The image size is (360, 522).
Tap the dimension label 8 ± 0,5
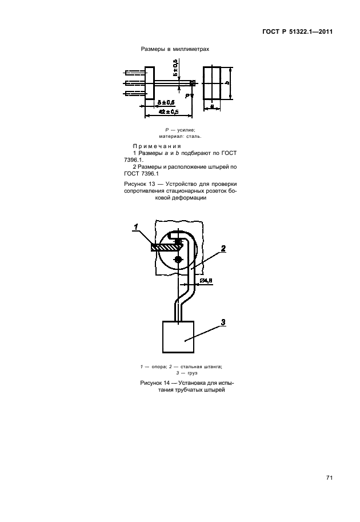click(x=166, y=102)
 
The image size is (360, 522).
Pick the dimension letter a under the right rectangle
click(x=211, y=105)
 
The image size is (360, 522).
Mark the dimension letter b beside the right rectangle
click(x=227, y=83)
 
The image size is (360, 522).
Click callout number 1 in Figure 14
click(x=137, y=228)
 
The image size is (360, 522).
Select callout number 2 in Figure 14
click(x=223, y=248)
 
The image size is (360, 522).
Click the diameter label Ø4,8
click(x=205, y=281)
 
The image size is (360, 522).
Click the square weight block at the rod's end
click(x=179, y=338)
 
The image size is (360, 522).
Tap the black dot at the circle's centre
click(x=179, y=260)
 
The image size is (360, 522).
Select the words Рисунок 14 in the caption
click(x=155, y=381)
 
